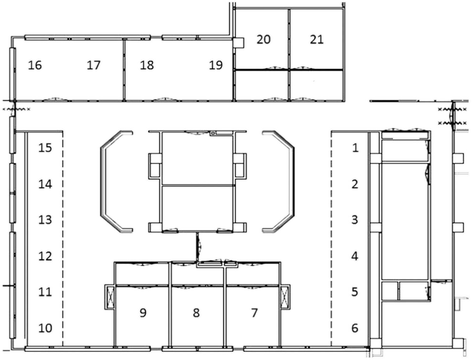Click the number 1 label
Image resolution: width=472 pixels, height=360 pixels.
point(354,147)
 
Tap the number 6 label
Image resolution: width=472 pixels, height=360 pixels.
point(354,328)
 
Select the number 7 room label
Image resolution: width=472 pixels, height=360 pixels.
point(254,313)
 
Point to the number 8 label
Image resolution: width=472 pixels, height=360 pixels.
point(197,313)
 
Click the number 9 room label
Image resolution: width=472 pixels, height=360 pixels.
point(144,313)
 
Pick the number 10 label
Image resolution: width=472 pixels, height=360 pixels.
point(45,328)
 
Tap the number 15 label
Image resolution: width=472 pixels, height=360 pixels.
point(45,147)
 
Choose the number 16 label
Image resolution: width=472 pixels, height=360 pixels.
point(35,66)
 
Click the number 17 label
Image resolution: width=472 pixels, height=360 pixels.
point(94,66)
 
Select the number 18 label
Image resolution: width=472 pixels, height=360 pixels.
point(147,66)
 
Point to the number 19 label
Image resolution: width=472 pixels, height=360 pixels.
point(214,66)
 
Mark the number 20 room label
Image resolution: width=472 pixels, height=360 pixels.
point(264,39)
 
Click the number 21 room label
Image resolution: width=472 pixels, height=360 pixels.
point(317,39)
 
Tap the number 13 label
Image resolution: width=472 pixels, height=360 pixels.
point(45,219)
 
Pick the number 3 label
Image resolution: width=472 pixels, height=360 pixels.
point(354,219)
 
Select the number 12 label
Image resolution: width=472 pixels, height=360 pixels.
point(45,256)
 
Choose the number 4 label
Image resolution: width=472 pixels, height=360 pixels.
point(354,256)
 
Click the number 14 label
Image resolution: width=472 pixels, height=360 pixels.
point(45,183)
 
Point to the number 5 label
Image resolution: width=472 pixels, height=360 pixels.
point(354,292)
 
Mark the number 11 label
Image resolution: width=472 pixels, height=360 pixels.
point(45,292)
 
